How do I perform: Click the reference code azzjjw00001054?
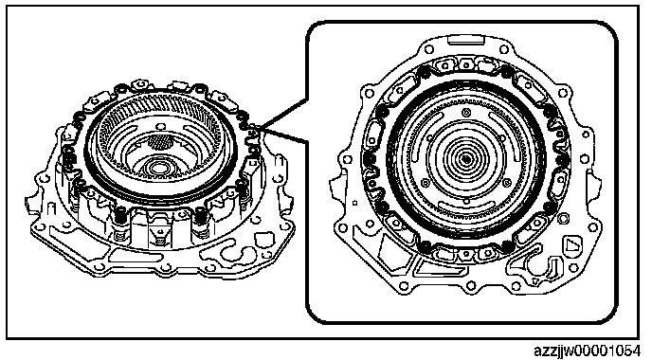coord(592,351)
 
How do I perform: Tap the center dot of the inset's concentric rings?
coord(466,158)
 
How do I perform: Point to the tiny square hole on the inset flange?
coord(354,204)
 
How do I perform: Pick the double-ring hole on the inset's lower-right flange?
coord(564,218)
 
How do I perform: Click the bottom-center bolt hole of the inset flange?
coord(471,285)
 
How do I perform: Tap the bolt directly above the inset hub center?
coord(466,112)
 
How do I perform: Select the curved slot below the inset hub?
coord(466,207)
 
